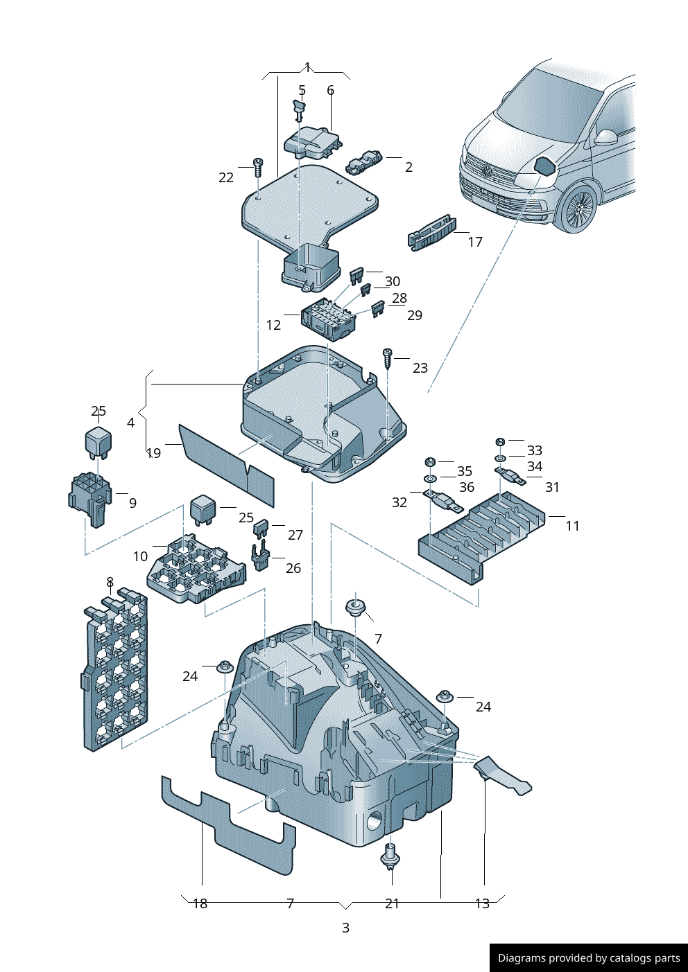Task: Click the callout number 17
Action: point(475,242)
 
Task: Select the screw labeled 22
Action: point(258,167)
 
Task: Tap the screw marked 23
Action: point(388,357)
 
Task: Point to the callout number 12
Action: point(273,325)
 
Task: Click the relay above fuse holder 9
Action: point(98,441)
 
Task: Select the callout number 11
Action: point(572,526)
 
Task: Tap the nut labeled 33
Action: point(500,441)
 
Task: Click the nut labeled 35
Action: point(429,462)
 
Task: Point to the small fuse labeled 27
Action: point(261,529)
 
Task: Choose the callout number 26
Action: point(293,568)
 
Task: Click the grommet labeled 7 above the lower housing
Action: point(356,608)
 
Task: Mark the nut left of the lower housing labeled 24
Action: point(224,667)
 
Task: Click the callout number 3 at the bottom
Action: point(345,928)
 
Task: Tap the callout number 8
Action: point(110,582)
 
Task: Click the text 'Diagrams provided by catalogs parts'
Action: point(589,958)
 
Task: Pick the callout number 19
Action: point(154,453)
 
